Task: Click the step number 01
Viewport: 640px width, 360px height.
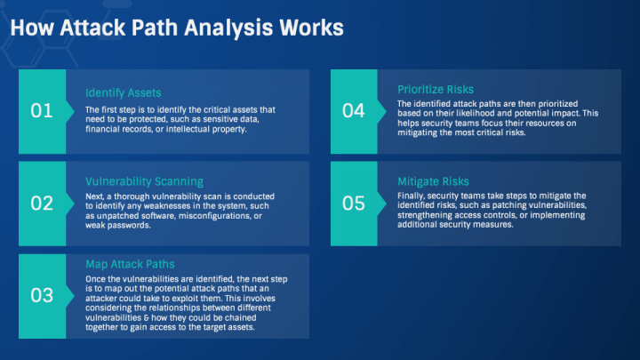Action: (x=42, y=111)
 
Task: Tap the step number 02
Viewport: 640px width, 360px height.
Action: (x=42, y=204)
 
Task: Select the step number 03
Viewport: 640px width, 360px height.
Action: (x=42, y=296)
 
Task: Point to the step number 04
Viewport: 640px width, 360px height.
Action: (x=353, y=111)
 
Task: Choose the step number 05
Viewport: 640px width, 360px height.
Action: (x=353, y=204)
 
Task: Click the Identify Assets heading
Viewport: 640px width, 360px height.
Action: (x=123, y=92)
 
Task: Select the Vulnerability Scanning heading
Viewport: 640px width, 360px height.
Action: (x=144, y=181)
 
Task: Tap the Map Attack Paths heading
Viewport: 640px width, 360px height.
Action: (x=130, y=264)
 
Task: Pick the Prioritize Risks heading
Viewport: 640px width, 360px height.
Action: (x=436, y=90)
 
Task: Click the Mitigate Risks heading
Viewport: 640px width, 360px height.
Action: (x=433, y=181)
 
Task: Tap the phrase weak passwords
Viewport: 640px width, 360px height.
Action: (x=124, y=226)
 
